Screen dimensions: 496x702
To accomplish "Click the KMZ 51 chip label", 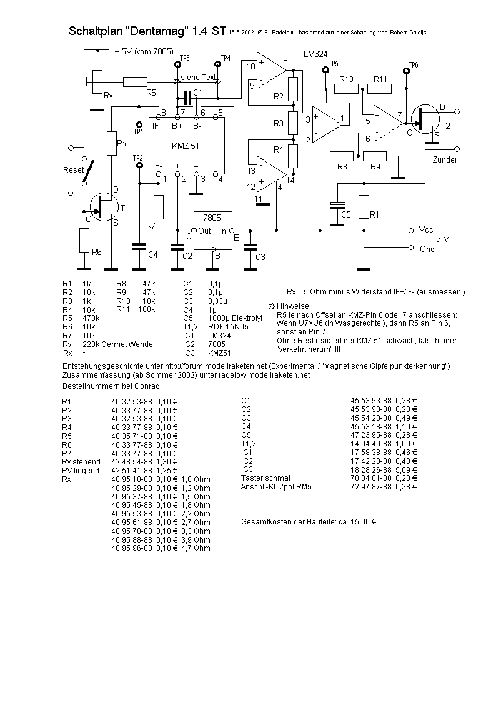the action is [185, 146].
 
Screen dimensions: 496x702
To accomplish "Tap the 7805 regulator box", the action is [213, 231].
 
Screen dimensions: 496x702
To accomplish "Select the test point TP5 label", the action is [333, 64].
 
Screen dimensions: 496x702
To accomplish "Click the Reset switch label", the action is [73, 170].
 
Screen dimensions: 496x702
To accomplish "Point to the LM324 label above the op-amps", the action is [315, 54].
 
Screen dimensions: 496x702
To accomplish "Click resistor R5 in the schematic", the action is [135, 81].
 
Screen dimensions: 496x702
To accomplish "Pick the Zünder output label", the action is [445, 159].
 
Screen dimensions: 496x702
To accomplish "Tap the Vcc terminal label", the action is [426, 229].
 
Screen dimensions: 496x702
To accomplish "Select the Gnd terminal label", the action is [427, 249].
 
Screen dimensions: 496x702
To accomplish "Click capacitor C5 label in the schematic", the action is [345, 214].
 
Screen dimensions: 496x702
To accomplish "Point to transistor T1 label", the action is [124, 208].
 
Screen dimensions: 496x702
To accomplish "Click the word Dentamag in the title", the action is [157, 31].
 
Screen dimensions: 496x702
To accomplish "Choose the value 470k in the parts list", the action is [91, 318].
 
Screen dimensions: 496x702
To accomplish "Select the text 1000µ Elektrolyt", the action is [236, 318].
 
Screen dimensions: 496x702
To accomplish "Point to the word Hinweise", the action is [294, 306].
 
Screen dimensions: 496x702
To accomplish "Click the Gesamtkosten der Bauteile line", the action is [309, 521].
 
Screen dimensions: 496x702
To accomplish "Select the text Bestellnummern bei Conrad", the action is [112, 386].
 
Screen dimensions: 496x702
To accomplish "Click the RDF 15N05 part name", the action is [228, 327].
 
